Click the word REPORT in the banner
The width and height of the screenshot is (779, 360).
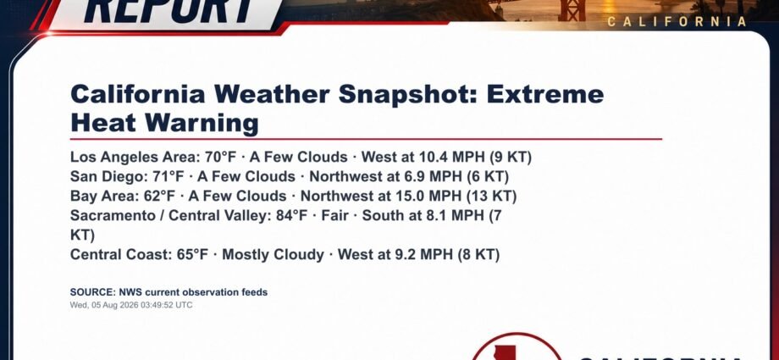169,11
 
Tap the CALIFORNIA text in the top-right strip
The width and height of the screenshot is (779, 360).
677,22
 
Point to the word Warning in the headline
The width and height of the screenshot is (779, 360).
202,123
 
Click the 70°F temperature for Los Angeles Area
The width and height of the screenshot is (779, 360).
221,157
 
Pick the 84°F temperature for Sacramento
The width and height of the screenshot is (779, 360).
292,215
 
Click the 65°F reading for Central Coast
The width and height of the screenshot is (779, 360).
193,255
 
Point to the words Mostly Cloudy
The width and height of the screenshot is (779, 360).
273,255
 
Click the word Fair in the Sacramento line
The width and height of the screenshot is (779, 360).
334,215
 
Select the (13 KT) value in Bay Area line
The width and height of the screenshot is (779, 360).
491,196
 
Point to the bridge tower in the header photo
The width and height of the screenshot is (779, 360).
572,10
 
